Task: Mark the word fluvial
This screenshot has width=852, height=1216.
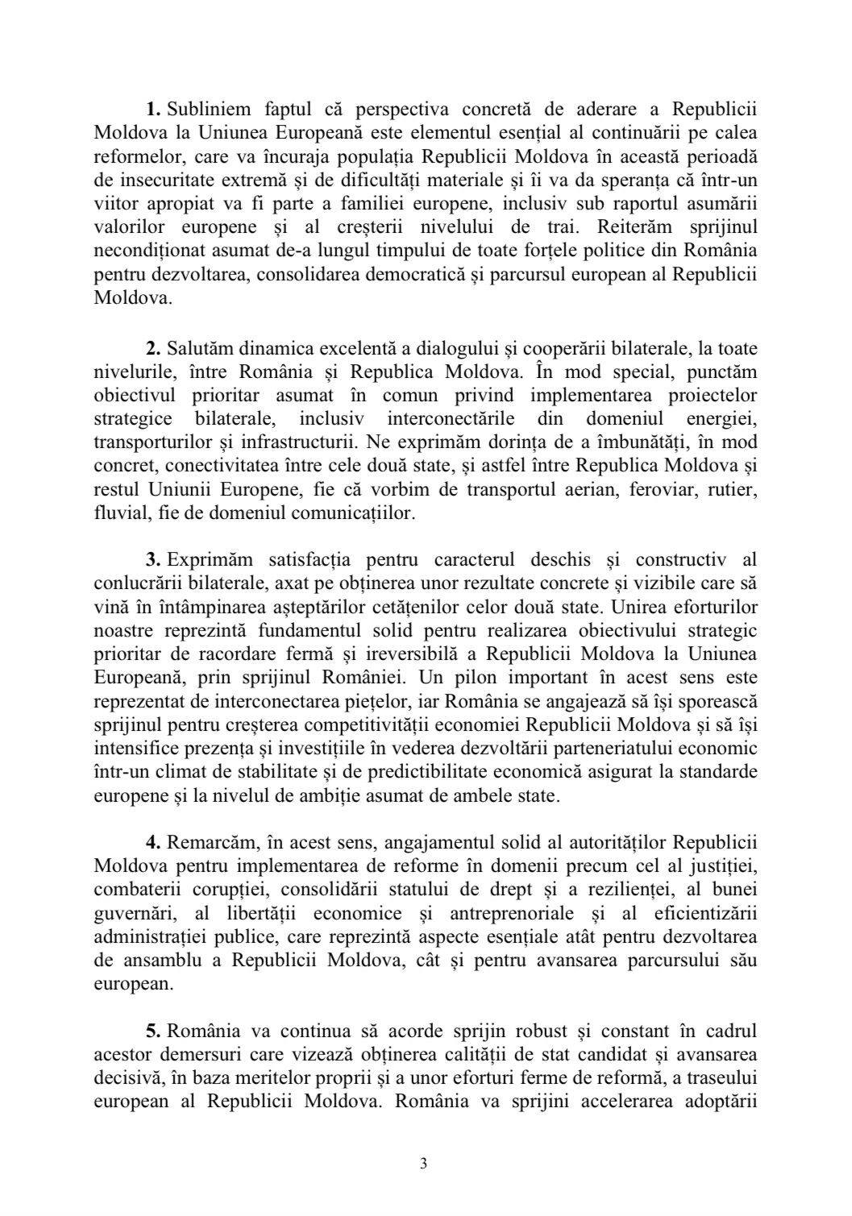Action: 114,513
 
